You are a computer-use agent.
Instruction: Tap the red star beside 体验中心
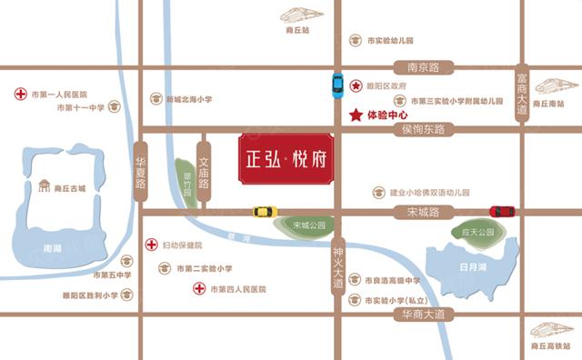pos(355,115)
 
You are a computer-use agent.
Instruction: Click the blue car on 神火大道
pos(337,85)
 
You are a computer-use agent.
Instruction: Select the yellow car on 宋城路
pos(265,212)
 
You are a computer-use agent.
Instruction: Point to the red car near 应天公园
pos(502,212)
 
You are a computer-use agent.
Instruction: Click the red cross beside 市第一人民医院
pos(20,94)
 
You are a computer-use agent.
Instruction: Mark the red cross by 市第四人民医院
pos(198,289)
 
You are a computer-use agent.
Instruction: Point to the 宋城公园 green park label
pos(309,224)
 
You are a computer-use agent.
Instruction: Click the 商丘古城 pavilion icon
pos(43,187)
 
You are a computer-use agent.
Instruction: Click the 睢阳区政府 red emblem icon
pos(356,85)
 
